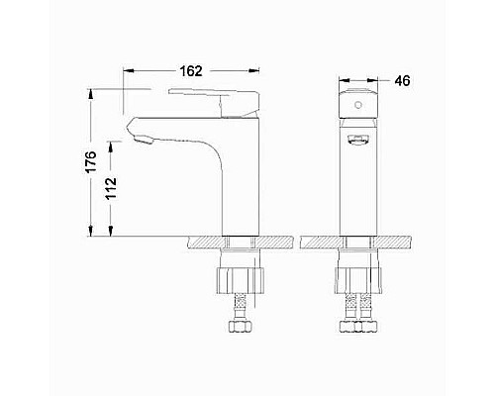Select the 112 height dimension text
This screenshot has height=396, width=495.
(111, 188)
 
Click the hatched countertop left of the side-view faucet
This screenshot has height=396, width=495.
(203, 242)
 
